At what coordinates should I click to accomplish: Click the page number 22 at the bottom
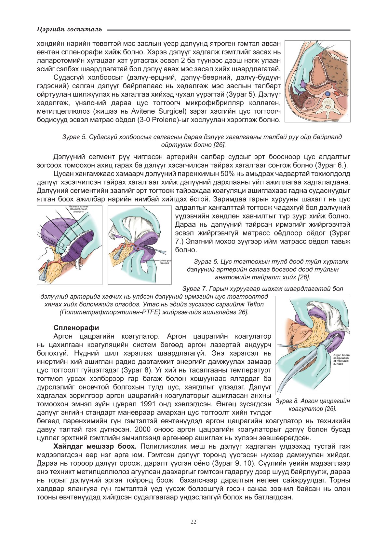[193, 522]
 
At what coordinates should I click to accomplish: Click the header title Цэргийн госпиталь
[70, 29]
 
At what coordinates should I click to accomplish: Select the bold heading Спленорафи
[76, 328]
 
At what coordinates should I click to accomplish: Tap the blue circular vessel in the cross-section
[328, 94]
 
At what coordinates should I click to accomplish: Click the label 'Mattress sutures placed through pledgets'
[78, 209]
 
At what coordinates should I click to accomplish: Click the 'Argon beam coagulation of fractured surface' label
[341, 359]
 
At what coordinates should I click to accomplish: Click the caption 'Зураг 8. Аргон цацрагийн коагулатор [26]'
[313, 405]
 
